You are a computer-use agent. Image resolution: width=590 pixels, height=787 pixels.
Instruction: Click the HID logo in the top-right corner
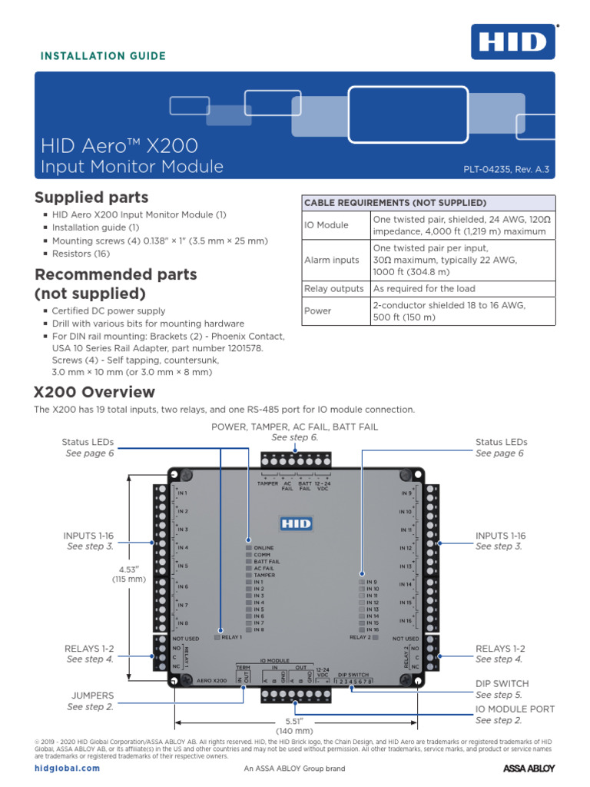512,42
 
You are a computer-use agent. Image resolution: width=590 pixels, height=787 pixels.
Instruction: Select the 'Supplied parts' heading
92,198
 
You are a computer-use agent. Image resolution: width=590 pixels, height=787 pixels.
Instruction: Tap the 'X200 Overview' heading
94,392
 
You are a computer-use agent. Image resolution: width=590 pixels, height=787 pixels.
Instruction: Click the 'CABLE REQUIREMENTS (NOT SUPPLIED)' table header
396,203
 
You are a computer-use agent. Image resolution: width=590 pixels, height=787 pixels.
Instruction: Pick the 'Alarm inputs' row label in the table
332,260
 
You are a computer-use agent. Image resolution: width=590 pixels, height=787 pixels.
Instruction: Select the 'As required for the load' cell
424,289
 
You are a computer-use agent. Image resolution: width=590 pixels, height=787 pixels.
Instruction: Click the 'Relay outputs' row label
334,289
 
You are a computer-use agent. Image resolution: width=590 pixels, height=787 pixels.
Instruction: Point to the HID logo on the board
294,523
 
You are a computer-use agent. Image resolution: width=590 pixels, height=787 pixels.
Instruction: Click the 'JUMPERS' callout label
92,695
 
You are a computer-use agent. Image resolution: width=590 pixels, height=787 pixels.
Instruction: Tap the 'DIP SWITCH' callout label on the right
502,683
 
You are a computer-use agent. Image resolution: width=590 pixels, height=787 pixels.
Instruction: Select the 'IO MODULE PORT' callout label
515,709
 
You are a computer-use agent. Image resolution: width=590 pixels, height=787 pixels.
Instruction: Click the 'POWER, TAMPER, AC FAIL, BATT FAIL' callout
294,427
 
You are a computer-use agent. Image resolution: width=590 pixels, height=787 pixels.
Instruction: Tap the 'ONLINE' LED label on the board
264,548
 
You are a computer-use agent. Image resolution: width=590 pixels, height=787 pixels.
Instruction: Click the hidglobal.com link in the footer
68,768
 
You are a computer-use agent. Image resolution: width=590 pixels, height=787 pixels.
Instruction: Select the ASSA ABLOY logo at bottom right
529,768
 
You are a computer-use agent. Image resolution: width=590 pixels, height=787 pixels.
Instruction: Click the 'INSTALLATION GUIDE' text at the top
103,56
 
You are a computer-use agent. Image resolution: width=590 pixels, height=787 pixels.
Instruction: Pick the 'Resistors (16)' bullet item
81,254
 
